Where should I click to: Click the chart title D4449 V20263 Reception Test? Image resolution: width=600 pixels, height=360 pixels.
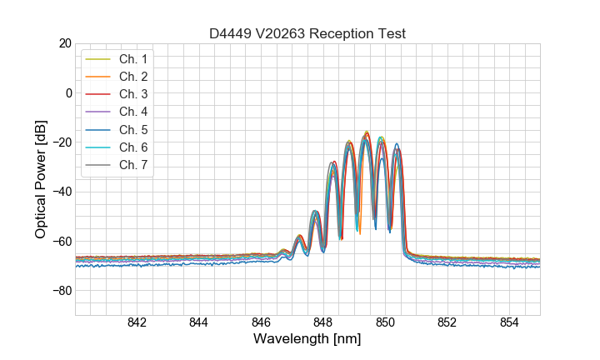(x=307, y=33)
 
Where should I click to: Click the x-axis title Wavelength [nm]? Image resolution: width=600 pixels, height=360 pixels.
(x=307, y=340)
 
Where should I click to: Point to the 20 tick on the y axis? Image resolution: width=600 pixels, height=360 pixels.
(x=64, y=43)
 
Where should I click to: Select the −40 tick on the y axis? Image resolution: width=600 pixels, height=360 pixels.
(x=61, y=192)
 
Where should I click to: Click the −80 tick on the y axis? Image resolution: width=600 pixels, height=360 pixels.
(x=61, y=291)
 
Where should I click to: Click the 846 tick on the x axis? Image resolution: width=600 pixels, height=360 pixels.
(x=261, y=323)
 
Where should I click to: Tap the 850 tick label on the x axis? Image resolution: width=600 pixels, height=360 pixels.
(x=385, y=323)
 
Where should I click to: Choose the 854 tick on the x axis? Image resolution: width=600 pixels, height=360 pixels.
(x=509, y=323)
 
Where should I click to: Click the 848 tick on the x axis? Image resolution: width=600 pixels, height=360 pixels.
(x=323, y=323)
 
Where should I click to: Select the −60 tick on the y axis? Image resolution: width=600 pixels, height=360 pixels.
(x=61, y=242)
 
